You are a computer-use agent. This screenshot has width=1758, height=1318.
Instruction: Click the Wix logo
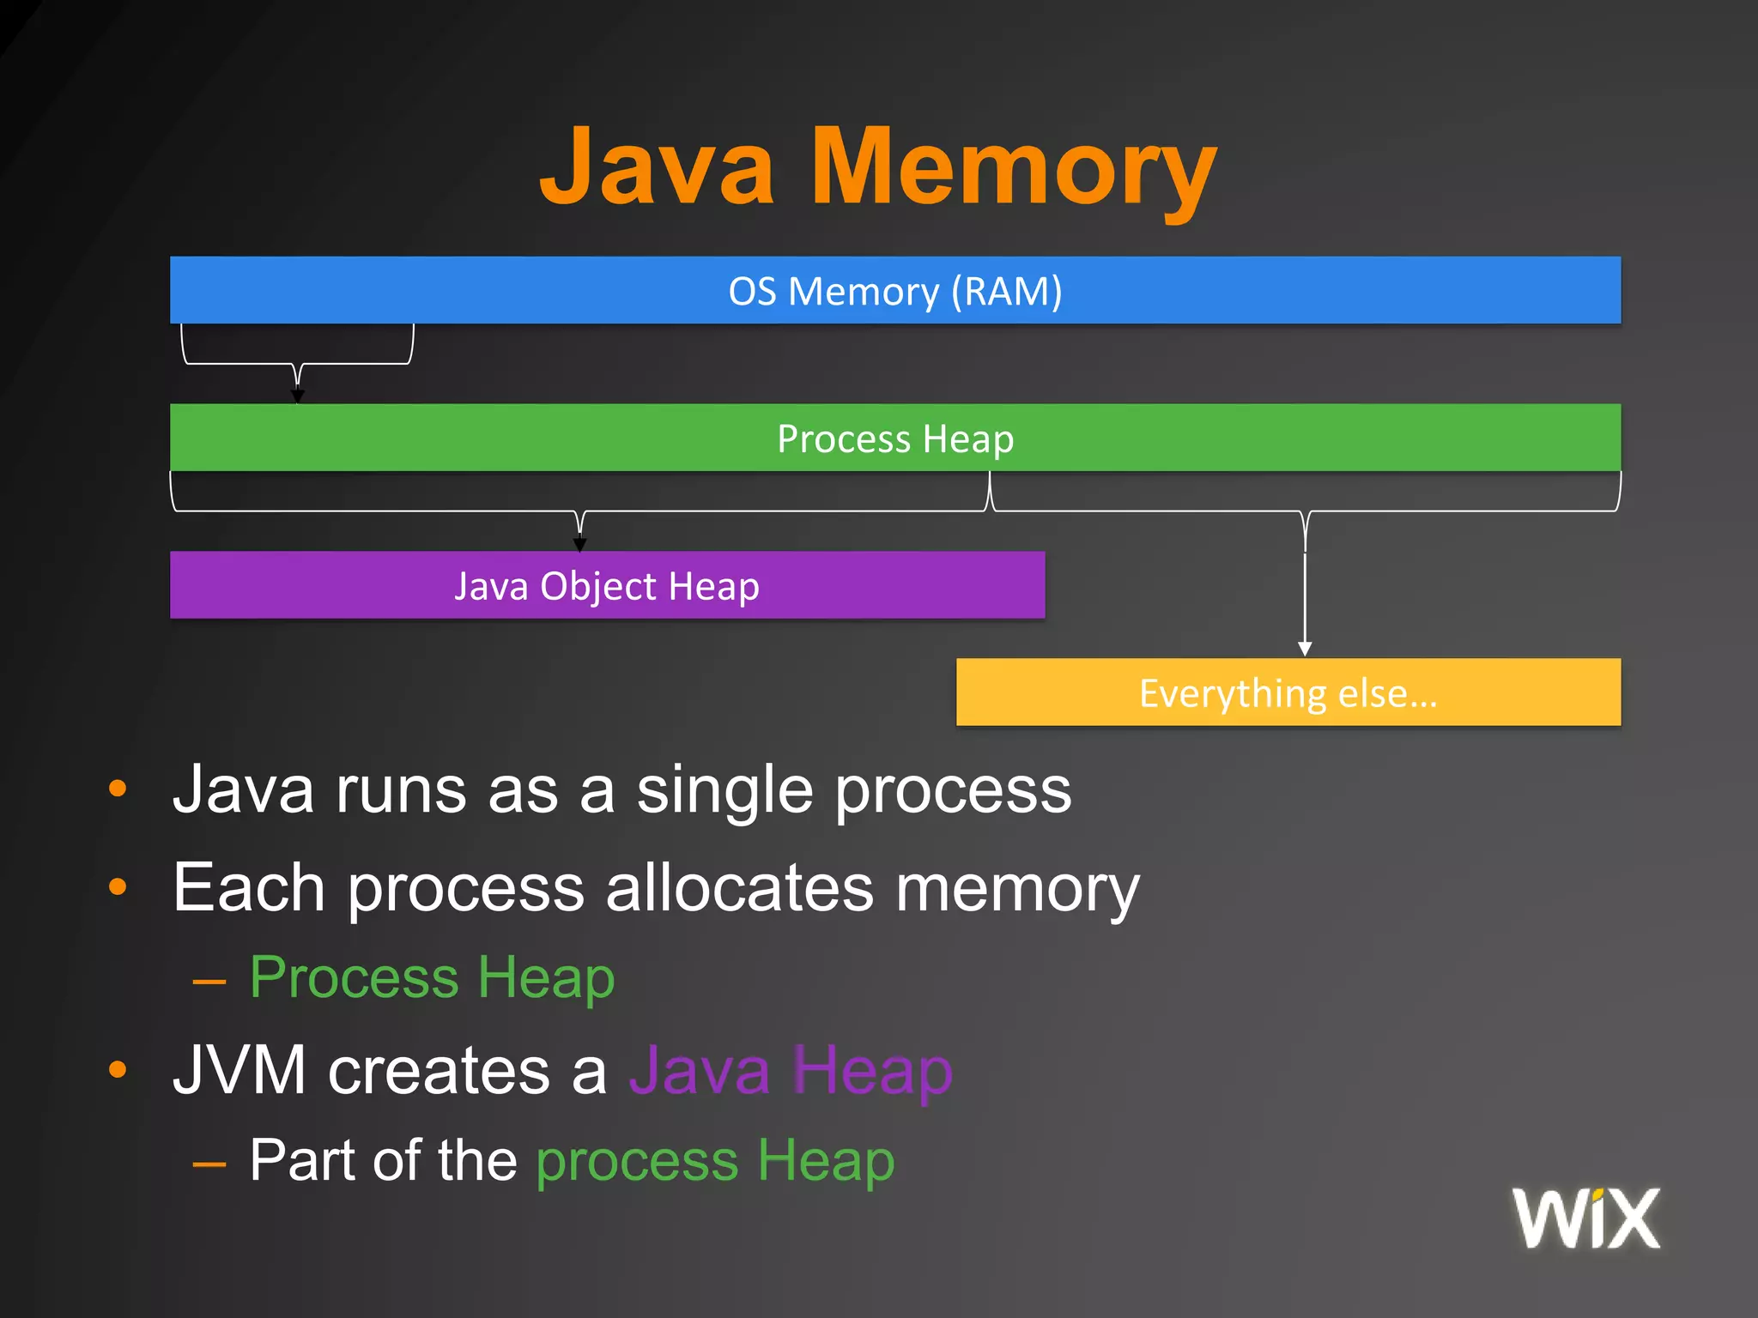point(1585,1218)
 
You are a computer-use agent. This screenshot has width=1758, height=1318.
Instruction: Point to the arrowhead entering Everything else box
point(1305,649)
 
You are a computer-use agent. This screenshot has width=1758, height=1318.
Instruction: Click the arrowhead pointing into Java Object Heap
point(580,544)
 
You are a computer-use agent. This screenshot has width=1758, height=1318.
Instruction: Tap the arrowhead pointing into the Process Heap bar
point(298,396)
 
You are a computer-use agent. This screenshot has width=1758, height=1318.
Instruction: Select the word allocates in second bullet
point(739,888)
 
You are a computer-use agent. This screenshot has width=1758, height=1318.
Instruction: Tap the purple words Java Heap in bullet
point(790,1070)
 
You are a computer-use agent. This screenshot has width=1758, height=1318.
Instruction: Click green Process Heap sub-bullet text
point(432,978)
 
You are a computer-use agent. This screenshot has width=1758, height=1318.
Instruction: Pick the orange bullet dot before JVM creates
point(118,1070)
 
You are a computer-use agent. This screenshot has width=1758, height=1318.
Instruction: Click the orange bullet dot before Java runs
point(118,789)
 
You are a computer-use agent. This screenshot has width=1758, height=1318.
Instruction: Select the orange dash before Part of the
point(209,1164)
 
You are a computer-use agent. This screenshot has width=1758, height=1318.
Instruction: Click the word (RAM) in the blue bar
point(1006,292)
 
